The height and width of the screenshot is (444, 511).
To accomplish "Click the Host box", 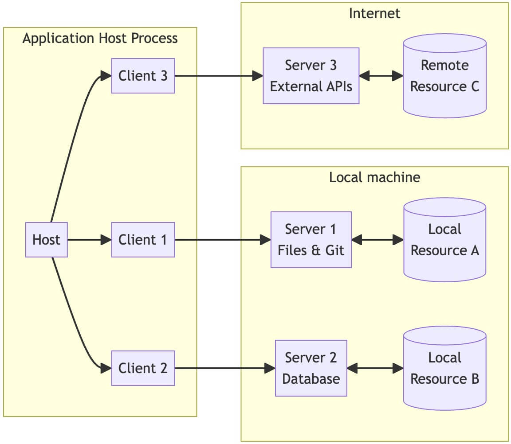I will pos(47,240).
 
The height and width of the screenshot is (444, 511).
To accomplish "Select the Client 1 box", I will pos(143,240).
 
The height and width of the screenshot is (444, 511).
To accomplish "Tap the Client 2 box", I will pos(143,368).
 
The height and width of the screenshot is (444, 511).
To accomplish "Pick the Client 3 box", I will pos(143,76).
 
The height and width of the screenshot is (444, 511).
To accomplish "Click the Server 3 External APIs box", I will pos(311,76).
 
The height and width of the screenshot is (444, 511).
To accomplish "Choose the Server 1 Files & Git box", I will pos(311,240).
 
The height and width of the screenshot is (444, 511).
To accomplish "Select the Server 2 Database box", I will pos(311,368).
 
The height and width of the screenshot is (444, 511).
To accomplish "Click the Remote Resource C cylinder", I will pos(444,76).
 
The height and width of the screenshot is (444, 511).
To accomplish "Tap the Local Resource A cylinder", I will pos(444,240).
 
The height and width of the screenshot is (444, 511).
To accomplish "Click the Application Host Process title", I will pos(100,39).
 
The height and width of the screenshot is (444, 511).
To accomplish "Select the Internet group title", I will pos(374,13).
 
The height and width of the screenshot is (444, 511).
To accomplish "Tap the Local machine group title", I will pos(374,177).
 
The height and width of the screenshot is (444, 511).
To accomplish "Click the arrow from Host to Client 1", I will pos(89,240).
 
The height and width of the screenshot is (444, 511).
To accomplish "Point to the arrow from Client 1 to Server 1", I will pos(222,240).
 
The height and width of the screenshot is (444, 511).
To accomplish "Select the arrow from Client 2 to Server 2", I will pos(224,368).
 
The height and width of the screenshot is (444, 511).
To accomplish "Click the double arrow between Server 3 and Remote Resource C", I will pos(381,76).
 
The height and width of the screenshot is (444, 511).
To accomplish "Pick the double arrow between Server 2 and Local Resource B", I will pos(375,368).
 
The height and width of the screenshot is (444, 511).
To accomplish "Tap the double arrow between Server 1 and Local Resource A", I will pos(377,240).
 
